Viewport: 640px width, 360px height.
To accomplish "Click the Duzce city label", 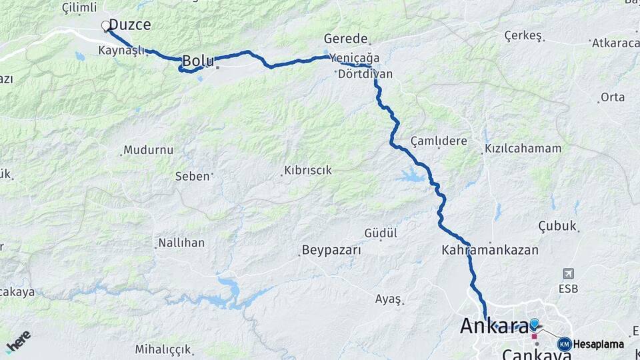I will point(129,25).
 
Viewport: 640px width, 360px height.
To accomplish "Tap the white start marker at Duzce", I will point(105,26).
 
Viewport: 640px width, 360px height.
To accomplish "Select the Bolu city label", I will point(197,61).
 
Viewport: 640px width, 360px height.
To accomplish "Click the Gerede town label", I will point(345,38).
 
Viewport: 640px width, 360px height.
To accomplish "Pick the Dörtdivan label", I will point(365,74).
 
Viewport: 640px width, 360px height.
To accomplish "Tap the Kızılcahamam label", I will point(523,148).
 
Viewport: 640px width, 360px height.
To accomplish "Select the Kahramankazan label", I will point(489,250).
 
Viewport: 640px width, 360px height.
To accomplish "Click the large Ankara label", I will point(493,326).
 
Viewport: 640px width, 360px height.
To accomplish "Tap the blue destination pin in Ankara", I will point(534,324).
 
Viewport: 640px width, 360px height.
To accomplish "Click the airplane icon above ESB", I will point(568,274).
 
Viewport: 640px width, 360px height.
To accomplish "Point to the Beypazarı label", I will point(331,251).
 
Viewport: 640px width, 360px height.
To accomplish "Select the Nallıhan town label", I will point(181,243).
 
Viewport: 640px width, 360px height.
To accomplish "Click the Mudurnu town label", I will point(148,149).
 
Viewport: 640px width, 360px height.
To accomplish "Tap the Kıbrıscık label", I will point(307,170).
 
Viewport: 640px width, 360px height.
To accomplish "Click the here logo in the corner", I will point(18,341).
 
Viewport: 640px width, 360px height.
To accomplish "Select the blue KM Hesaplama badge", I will point(565,344).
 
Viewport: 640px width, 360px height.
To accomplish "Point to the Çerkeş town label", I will point(521,35).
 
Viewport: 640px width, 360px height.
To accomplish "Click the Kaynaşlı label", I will point(121,51).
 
